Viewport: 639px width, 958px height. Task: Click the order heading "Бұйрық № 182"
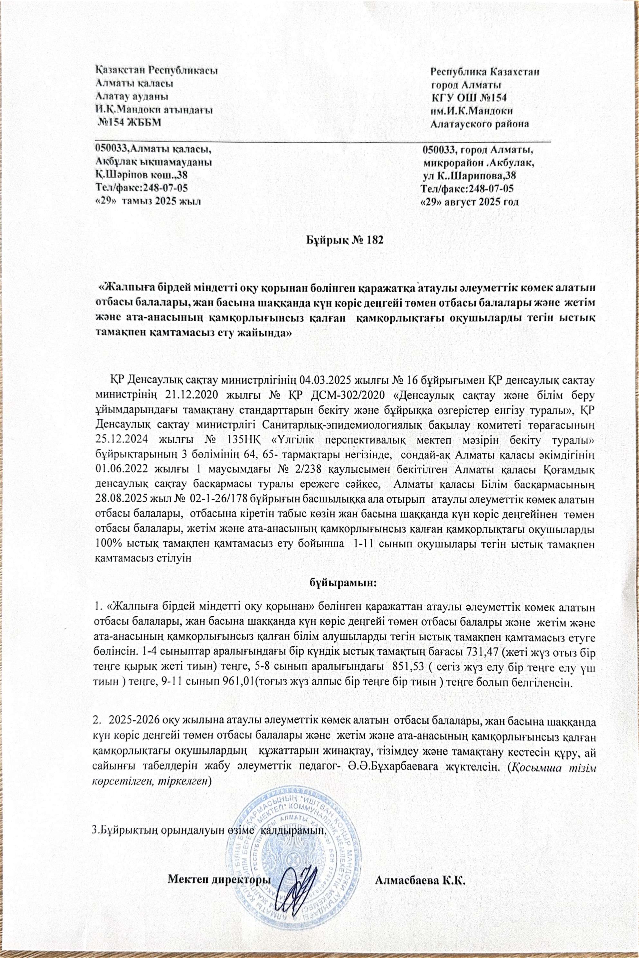click(x=345, y=240)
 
